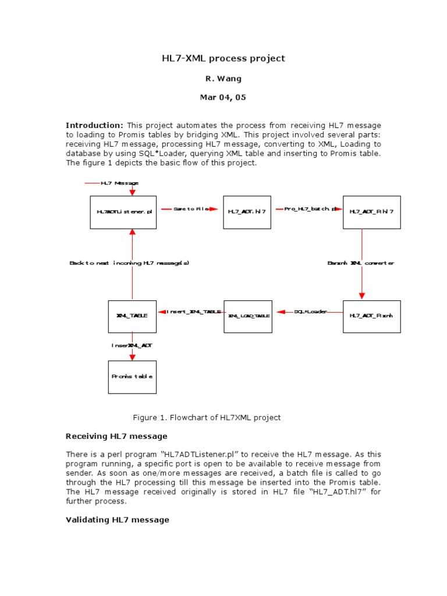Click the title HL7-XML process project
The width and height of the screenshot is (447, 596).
(223, 58)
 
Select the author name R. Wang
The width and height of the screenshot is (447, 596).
(223, 78)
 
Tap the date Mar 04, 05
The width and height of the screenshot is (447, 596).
(223, 98)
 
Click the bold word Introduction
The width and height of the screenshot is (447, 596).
(94, 125)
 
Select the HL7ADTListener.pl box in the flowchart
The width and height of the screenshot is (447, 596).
(123, 212)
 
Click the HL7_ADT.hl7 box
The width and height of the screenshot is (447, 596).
(247, 212)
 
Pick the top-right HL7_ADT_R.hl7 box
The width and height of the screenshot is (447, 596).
(371, 212)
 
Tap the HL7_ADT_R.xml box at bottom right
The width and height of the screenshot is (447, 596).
(371, 316)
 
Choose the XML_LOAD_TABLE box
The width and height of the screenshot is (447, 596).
(248, 316)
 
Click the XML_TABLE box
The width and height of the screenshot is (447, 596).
(132, 316)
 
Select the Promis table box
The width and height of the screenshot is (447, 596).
(132, 377)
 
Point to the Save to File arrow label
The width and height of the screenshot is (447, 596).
(190, 209)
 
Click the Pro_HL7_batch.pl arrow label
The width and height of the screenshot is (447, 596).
(310, 209)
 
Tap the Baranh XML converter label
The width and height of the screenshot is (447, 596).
(361, 263)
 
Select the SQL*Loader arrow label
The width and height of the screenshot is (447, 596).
(310, 312)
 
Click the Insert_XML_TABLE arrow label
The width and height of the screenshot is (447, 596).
(193, 312)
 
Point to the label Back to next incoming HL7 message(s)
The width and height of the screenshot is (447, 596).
(129, 263)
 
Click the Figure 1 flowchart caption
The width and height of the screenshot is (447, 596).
(207, 417)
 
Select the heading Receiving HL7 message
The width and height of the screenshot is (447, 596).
(116, 436)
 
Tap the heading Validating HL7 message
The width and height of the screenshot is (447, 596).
(118, 520)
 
